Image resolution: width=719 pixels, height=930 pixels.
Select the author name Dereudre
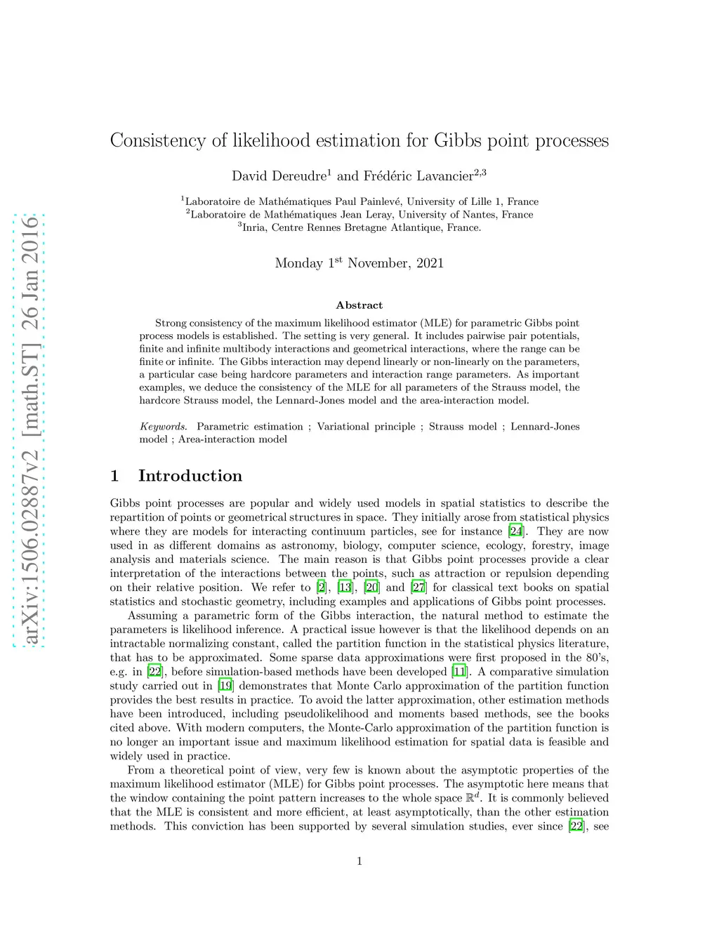298,176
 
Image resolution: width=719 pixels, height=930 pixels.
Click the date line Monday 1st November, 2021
359,263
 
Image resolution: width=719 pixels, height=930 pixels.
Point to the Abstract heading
359,305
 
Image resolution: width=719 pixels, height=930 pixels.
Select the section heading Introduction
190,476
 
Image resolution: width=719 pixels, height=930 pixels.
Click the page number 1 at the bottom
359,861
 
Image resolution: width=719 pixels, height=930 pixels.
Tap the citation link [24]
516,531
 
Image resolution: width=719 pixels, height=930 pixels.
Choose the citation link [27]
418,587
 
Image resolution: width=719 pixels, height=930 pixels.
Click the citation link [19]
225,686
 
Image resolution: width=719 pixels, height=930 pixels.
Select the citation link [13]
345,587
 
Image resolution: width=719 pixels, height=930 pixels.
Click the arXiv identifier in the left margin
30,430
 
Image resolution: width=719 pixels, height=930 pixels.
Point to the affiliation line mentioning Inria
359,227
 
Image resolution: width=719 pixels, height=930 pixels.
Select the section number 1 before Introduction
114,476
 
